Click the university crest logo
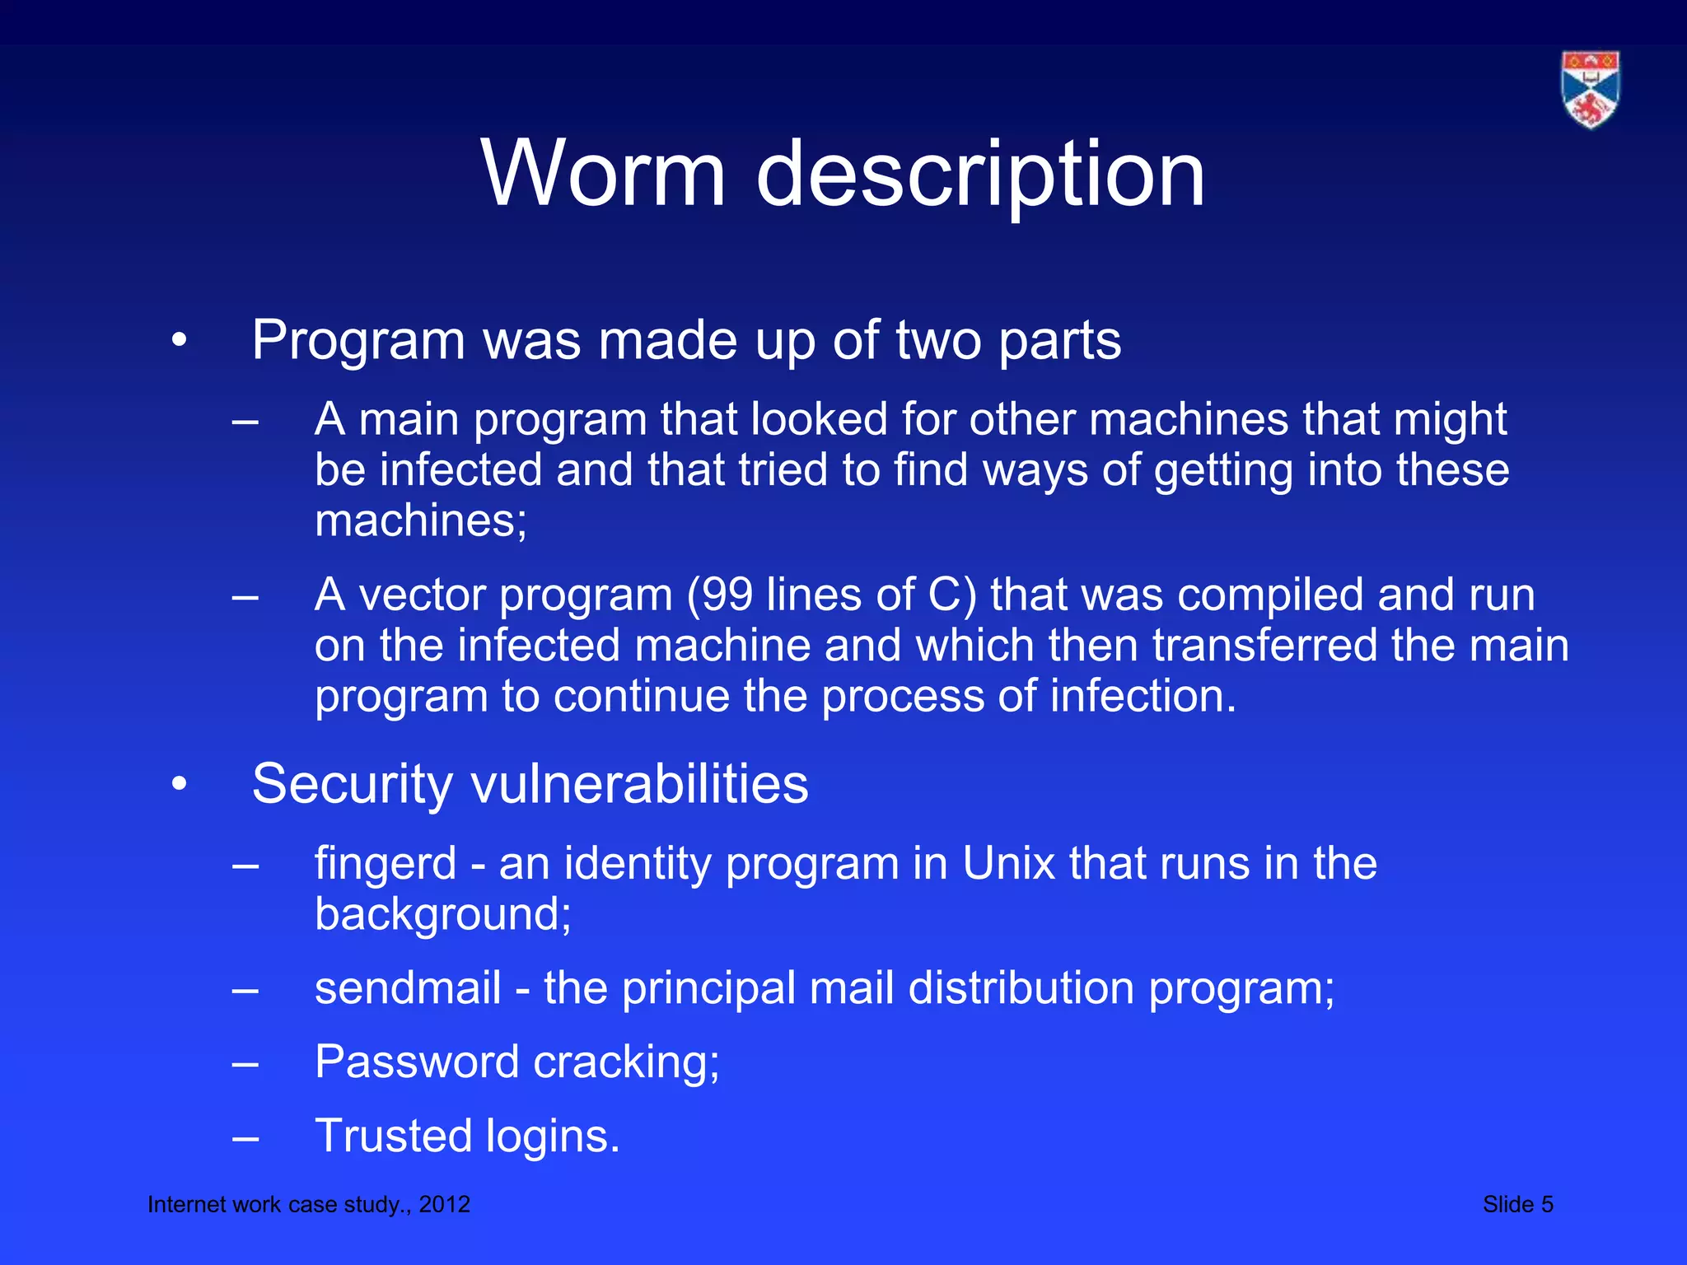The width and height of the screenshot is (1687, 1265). tap(1590, 90)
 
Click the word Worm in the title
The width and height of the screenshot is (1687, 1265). tap(604, 174)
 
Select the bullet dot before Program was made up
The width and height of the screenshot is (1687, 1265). tap(180, 340)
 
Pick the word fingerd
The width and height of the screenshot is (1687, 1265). tap(386, 864)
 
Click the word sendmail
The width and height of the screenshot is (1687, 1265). tap(408, 987)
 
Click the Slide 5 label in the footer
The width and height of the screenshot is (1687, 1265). tap(1517, 1204)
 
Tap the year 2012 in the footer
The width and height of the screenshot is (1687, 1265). tap(444, 1204)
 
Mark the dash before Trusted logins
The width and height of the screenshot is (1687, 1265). tap(245, 1139)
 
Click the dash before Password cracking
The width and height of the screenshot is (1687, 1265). tap(245, 1065)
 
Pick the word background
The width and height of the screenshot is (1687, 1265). tap(442, 915)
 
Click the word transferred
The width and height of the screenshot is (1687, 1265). tap(1264, 645)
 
